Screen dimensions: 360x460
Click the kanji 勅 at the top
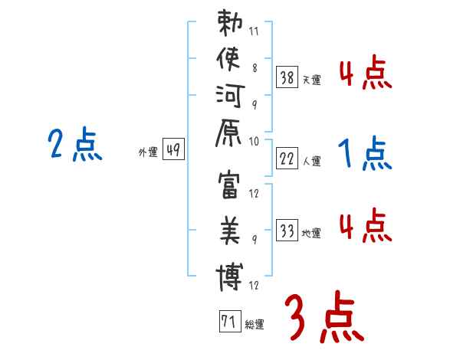(x=229, y=25)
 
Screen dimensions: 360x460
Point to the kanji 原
(x=229, y=140)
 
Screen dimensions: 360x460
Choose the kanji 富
(x=229, y=188)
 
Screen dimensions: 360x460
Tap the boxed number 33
(x=287, y=230)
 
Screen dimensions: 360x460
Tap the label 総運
(x=255, y=325)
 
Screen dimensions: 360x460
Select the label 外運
(x=148, y=152)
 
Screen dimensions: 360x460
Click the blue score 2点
(x=74, y=144)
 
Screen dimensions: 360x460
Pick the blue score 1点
(x=365, y=155)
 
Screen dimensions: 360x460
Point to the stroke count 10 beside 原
(x=255, y=141)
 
